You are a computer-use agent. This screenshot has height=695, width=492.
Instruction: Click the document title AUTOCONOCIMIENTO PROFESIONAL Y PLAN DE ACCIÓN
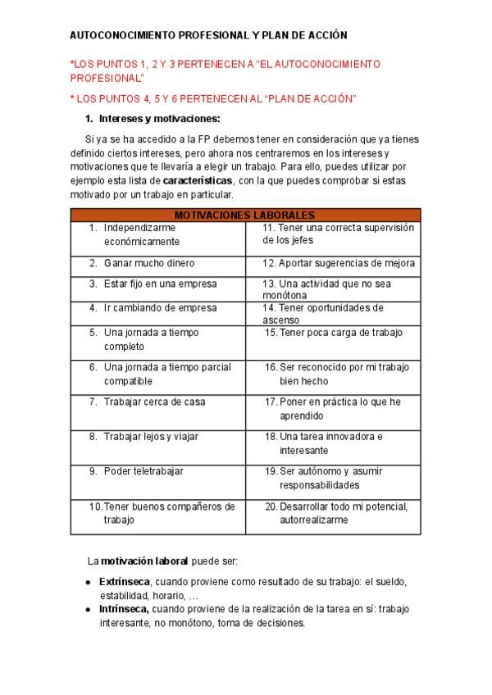pyautogui.click(x=208, y=36)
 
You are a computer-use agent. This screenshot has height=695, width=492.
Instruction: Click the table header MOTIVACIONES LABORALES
pyautogui.click(x=245, y=215)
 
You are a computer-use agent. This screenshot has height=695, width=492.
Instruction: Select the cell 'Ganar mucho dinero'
pyautogui.click(x=148, y=263)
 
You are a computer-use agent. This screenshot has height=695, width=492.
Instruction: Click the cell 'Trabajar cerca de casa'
pyautogui.click(x=154, y=402)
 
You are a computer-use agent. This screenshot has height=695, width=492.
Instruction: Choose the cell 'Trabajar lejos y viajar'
pyautogui.click(x=151, y=437)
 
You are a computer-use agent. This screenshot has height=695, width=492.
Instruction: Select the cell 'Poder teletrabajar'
pyautogui.click(x=143, y=471)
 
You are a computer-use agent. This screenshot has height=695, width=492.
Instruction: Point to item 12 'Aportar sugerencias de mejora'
pyautogui.click(x=339, y=263)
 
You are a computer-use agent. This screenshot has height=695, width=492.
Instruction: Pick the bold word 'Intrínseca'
pyautogui.click(x=124, y=609)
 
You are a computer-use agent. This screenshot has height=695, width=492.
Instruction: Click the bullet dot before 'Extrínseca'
pyautogui.click(x=89, y=582)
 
